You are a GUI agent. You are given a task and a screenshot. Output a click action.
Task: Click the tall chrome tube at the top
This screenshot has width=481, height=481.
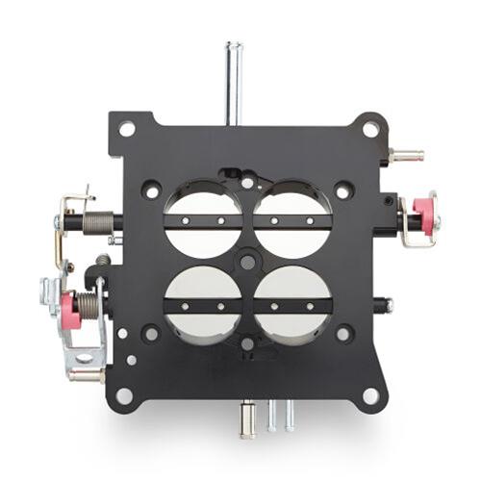tap(233, 81)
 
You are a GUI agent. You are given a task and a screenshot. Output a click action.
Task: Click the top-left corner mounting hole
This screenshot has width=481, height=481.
tap(126, 128)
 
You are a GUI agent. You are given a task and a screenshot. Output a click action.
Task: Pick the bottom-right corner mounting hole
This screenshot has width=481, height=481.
tap(367, 392)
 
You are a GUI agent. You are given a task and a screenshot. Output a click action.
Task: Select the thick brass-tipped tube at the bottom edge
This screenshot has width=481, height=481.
tap(247, 420)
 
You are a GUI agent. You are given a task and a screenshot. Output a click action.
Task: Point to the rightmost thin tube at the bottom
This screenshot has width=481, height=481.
tap(289, 416)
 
